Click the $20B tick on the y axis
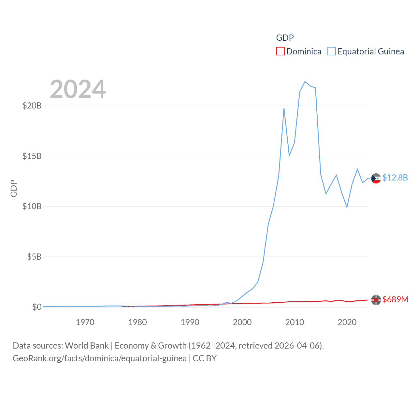tap(32, 106)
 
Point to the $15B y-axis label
tap(32, 156)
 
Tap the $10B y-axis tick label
tap(32, 206)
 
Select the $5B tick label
tap(34, 257)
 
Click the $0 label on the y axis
tap(37, 307)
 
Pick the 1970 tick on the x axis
tap(85, 322)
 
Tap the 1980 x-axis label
tap(137, 322)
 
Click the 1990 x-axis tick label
tap(190, 322)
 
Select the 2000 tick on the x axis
tap(242, 322)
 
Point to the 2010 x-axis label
tap(295, 322)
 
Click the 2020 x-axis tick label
tap(347, 322)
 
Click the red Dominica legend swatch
tap(280, 51)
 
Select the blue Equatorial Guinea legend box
tap(332, 51)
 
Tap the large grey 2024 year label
tap(78, 89)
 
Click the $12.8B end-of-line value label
tap(395, 178)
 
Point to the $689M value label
tap(395, 299)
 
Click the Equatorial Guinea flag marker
tap(376, 179)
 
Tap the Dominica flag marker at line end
tap(376, 300)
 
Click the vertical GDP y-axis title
tap(14, 188)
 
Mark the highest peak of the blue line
tap(305, 81)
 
